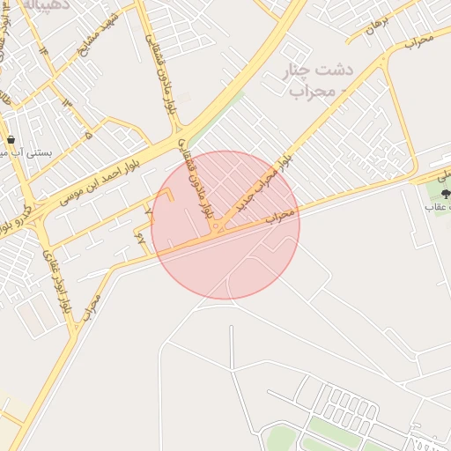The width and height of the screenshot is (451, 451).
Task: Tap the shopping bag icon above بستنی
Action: click(10, 139)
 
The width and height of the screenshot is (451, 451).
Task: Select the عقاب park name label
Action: click(439, 206)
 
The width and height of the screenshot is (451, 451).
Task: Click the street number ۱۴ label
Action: click(41, 50)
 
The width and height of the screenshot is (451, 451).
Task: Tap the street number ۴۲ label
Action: click(141, 236)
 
